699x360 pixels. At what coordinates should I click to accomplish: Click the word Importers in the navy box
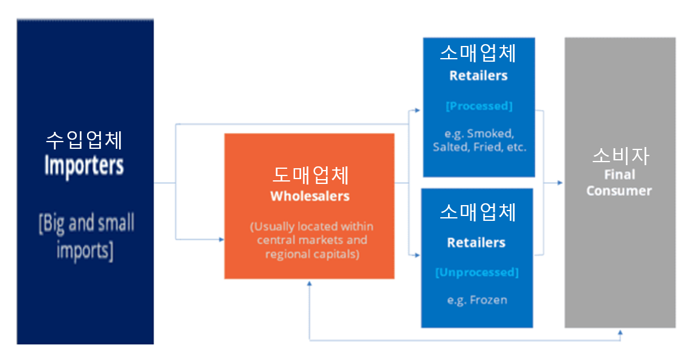(84, 165)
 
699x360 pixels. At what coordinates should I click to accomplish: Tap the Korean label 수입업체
(84, 140)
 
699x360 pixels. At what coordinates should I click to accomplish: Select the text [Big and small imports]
(86, 237)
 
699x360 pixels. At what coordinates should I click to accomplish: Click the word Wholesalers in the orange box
(310, 196)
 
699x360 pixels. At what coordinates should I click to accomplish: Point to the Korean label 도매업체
(310, 175)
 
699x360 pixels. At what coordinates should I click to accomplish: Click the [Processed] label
(478, 106)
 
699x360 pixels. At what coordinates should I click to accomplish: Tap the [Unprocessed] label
(476, 272)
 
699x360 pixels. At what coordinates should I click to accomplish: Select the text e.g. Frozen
(477, 299)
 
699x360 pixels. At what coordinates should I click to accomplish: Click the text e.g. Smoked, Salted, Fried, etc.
(480, 140)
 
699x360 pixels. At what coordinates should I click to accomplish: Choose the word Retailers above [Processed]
(478, 76)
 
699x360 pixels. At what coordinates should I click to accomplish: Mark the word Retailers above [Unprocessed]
(476, 243)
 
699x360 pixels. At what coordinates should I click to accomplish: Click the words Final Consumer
(619, 182)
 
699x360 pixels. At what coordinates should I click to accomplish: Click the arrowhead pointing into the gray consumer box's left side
(560, 182)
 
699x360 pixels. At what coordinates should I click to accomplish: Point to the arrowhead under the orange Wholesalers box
(310, 283)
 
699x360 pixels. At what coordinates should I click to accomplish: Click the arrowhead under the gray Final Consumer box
(620, 332)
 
